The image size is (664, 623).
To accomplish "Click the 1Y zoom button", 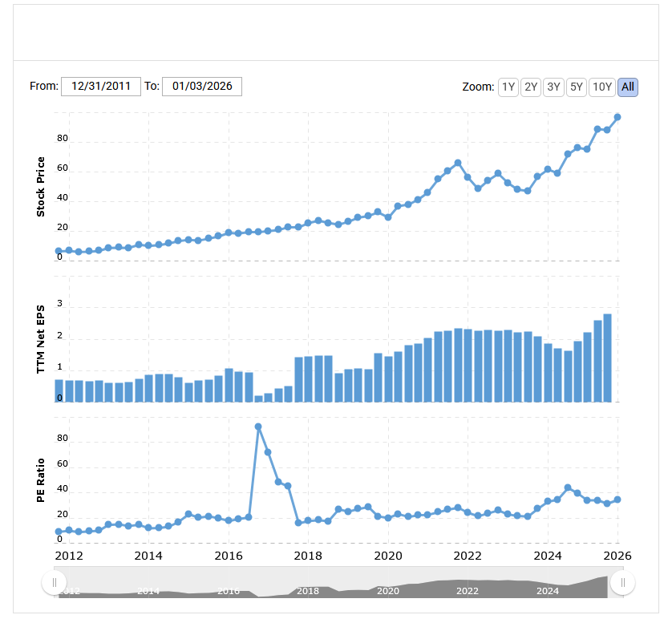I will (x=508, y=87).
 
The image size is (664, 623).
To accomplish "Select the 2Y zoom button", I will (x=530, y=87).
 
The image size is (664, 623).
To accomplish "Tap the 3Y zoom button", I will (x=553, y=87).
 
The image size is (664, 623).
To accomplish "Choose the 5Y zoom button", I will (x=575, y=87).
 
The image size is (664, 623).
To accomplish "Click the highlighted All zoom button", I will (x=628, y=87).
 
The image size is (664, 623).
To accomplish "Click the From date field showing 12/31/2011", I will (x=101, y=86).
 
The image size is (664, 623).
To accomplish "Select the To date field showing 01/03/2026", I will (x=202, y=86).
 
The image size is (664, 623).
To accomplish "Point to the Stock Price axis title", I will (x=40, y=187).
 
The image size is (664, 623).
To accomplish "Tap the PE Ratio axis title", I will (x=40, y=479).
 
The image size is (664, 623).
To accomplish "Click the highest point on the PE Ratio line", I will (x=258, y=427).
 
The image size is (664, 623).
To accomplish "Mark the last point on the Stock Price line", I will (x=617, y=117).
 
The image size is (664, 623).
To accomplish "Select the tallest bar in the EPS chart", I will (x=608, y=358).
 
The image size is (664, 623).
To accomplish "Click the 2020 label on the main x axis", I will (x=388, y=555).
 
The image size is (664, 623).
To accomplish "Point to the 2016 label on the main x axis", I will (x=229, y=555).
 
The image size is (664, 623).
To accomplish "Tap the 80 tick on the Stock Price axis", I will (x=63, y=139).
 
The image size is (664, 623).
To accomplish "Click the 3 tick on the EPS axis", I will (x=59, y=305).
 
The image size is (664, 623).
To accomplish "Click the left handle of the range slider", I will (x=55, y=582).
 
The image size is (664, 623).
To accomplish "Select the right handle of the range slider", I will (x=622, y=582).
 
